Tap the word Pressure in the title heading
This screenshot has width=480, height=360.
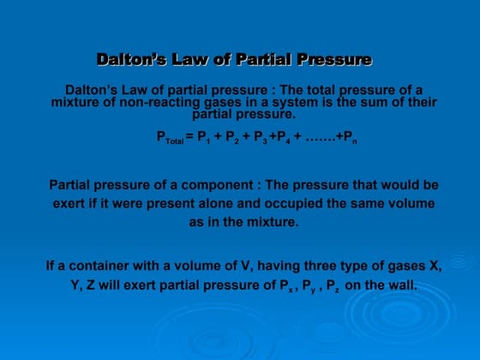[x=334, y=60]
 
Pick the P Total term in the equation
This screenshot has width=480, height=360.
[x=169, y=137]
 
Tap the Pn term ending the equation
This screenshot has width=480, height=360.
[x=350, y=137]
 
